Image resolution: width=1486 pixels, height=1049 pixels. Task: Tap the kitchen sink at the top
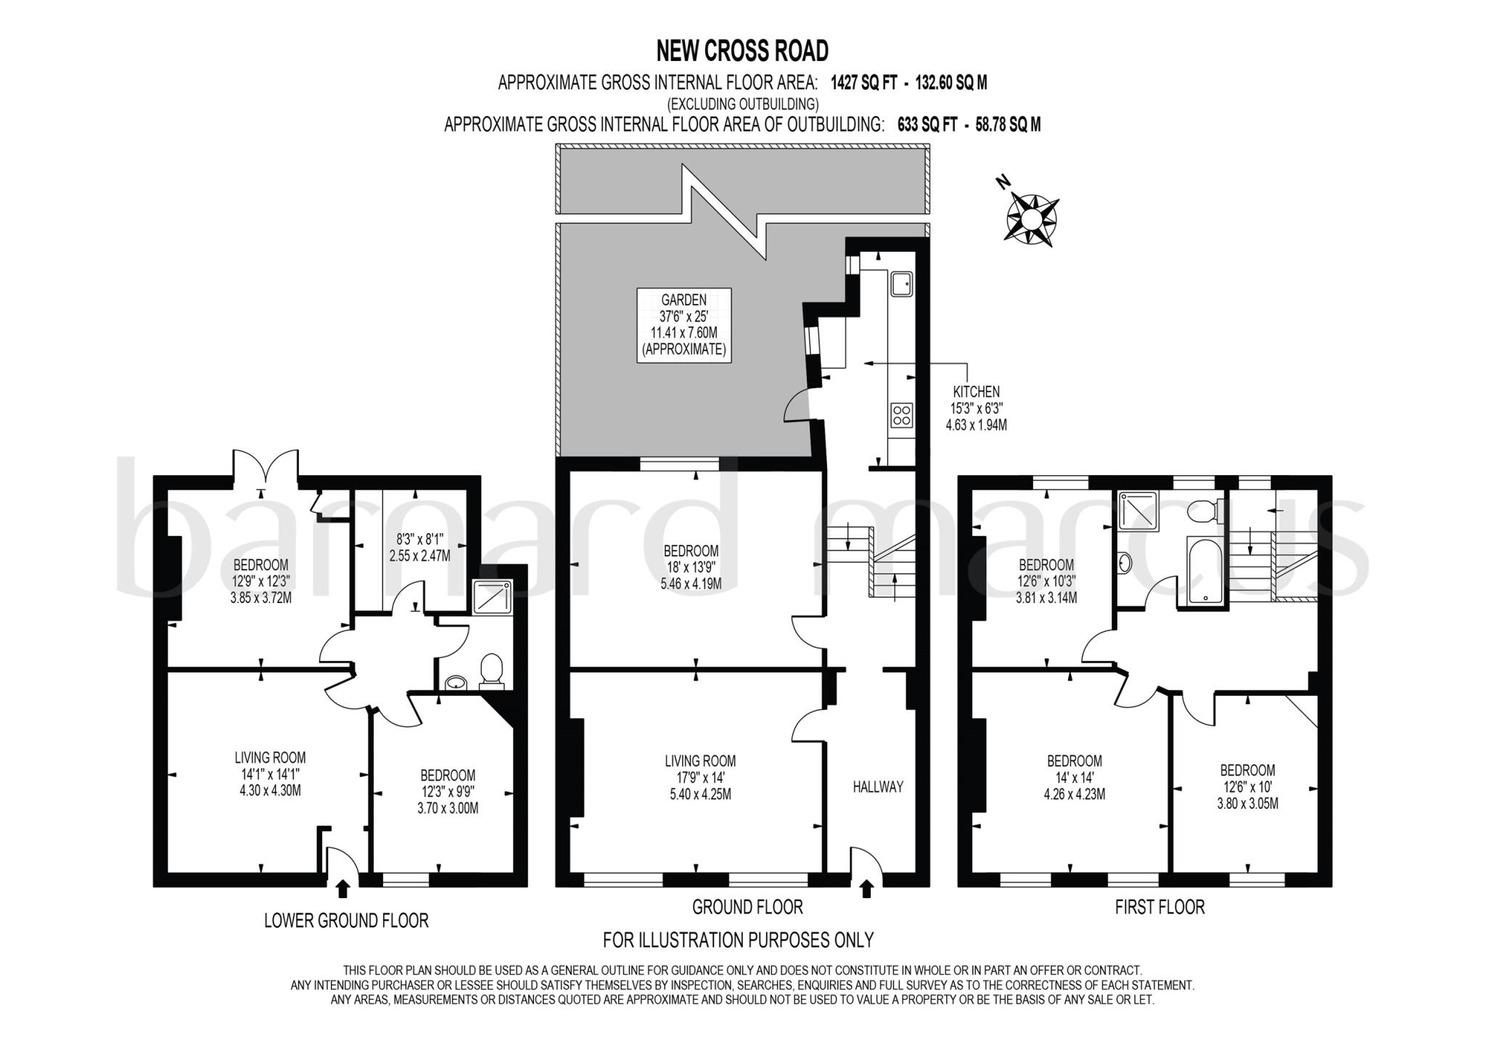click(x=902, y=284)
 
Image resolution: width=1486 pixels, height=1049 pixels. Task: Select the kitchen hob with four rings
click(x=901, y=416)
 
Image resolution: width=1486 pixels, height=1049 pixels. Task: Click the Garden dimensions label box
click(x=684, y=324)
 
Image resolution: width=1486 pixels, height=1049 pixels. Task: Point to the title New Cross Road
click(x=742, y=51)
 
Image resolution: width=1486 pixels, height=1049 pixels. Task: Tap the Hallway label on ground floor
click(x=877, y=786)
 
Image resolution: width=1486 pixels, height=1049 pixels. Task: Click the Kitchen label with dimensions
click(x=976, y=408)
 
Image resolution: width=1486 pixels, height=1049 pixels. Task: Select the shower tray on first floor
click(x=1138, y=511)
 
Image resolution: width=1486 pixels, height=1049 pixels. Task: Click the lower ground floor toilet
click(x=492, y=670)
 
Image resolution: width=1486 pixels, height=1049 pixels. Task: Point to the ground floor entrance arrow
click(x=866, y=889)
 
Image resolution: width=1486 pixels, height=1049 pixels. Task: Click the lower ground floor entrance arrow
click(x=343, y=889)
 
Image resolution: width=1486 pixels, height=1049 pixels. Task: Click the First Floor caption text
click(x=1159, y=907)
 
